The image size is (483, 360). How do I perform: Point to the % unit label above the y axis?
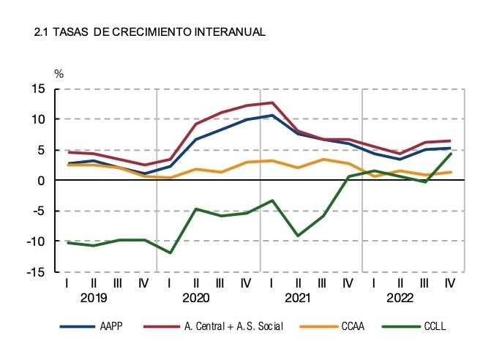(x=59, y=74)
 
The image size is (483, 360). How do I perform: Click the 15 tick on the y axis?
(x=37, y=89)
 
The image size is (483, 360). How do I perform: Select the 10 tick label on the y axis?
(x=37, y=119)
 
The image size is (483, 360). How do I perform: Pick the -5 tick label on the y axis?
(x=37, y=211)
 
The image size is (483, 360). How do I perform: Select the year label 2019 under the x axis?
(x=93, y=298)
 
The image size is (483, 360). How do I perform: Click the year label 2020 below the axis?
(x=195, y=298)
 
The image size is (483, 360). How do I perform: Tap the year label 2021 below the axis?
(x=298, y=298)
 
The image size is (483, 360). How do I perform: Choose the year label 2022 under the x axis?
(x=400, y=298)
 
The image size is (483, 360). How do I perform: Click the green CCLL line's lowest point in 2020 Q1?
(x=170, y=253)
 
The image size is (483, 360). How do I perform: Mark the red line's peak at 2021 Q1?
(x=272, y=102)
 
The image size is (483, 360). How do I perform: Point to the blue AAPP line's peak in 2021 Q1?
(x=272, y=115)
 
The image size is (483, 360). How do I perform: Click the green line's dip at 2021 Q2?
(x=298, y=236)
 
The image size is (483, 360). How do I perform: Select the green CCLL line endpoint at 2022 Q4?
(x=450, y=154)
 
